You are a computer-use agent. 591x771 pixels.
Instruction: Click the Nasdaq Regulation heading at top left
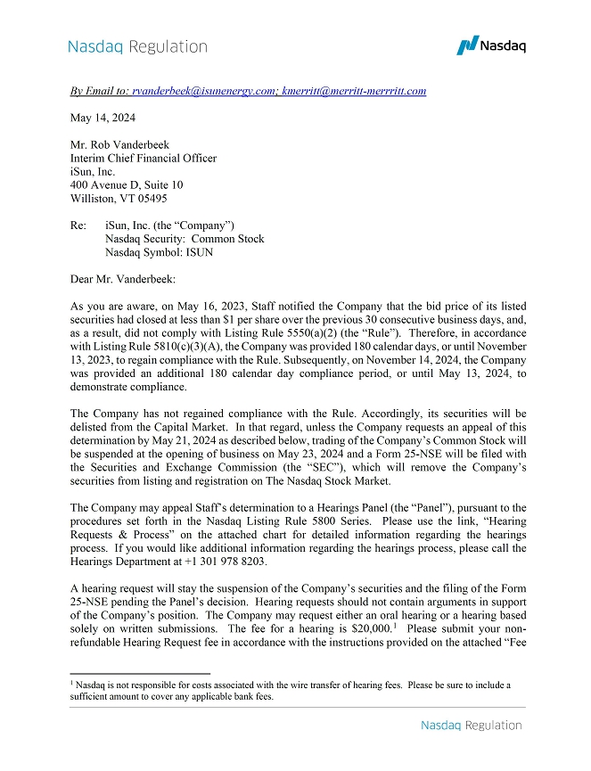137,46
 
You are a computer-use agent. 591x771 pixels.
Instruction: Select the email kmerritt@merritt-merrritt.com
354,91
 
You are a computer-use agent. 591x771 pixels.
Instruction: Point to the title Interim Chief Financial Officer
143,159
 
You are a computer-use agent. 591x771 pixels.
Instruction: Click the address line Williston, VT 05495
118,199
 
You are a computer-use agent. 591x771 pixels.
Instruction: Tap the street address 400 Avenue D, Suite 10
126,185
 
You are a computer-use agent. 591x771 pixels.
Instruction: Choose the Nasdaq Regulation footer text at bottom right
471,726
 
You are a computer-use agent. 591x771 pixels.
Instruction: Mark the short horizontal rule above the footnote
139,674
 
